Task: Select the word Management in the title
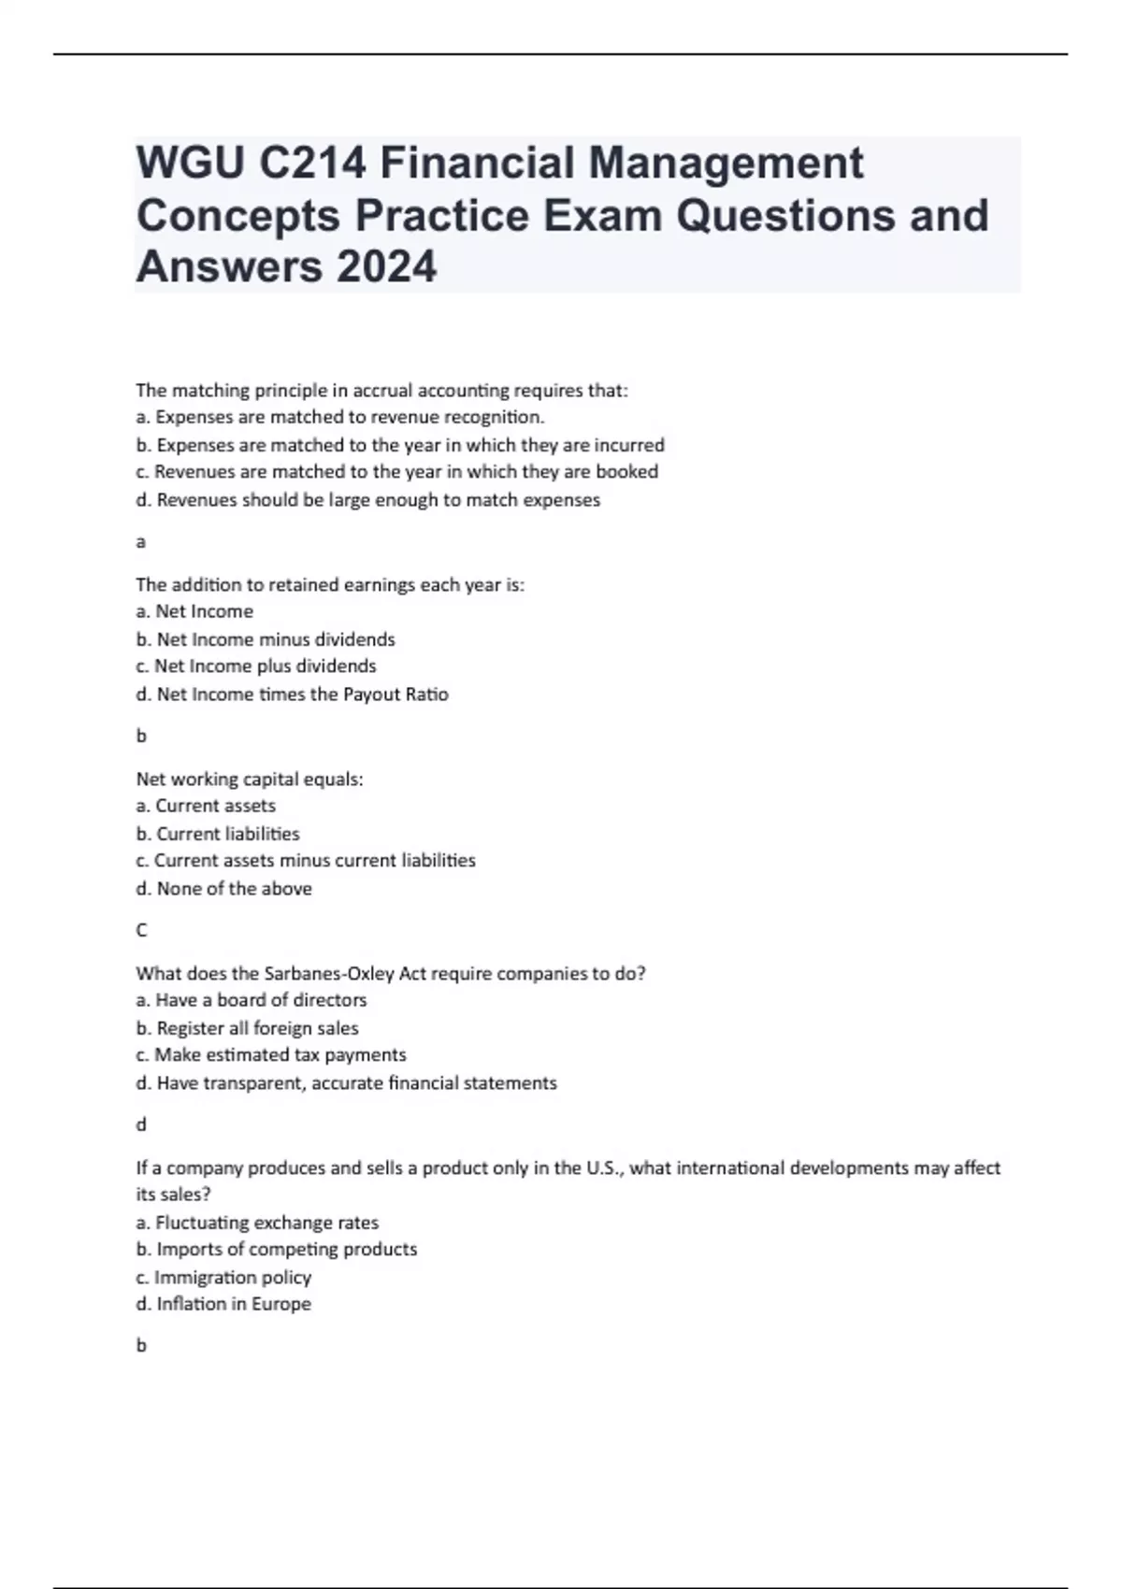(726, 163)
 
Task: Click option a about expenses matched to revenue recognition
(340, 417)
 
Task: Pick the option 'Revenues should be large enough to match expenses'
(368, 500)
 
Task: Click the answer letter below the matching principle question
(141, 542)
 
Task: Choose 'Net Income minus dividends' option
(266, 639)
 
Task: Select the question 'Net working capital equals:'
(250, 779)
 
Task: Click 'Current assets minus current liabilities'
(306, 860)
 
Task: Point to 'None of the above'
(224, 889)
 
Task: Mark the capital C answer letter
(142, 930)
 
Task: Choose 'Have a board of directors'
(252, 1000)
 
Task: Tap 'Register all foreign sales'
(248, 1028)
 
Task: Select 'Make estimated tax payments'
(271, 1055)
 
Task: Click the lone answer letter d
(141, 1124)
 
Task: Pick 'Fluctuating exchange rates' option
(257, 1223)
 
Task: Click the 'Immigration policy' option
(223, 1277)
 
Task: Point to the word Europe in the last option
(281, 1304)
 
